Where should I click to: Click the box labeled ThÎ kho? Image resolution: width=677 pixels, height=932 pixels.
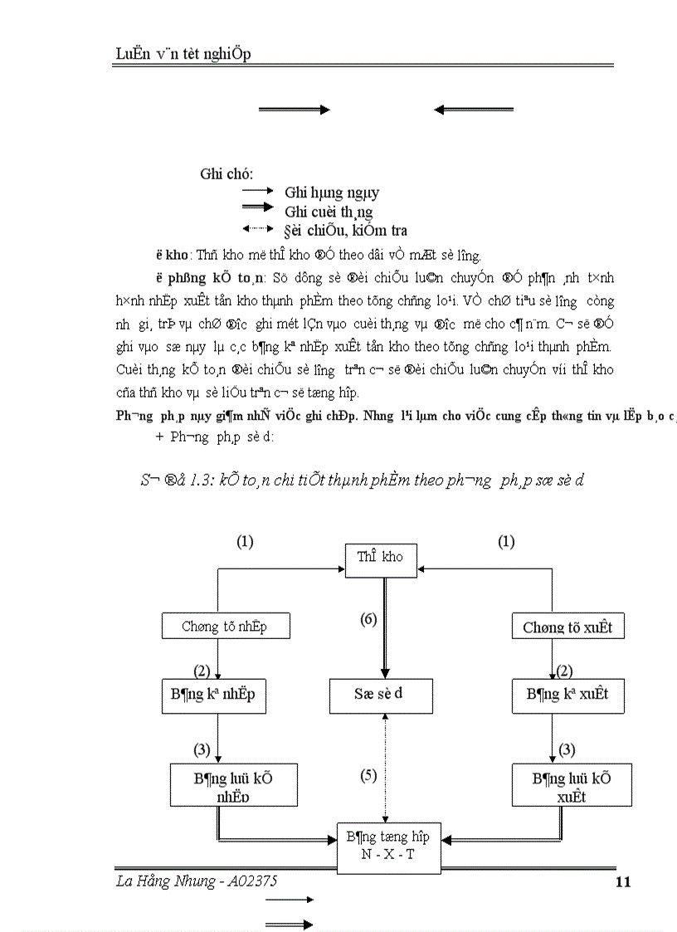380,558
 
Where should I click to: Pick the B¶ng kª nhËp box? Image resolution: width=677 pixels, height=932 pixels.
213,695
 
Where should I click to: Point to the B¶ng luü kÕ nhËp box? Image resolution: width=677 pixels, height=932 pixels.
232,785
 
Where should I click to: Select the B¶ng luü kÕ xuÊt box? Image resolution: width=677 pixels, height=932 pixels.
572,785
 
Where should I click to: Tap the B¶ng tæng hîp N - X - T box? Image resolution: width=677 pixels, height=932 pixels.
387,847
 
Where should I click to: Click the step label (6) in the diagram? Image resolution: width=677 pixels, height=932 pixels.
368,619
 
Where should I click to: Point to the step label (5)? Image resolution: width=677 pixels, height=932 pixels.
368,776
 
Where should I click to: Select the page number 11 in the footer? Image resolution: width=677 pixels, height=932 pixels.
624,882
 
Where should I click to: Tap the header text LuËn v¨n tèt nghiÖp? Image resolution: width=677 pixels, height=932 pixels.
183,54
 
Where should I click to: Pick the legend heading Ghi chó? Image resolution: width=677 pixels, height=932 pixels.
226,173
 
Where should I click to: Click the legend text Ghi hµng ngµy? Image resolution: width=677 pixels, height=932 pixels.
332,193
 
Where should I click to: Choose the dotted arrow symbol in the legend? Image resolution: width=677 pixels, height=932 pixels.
257,228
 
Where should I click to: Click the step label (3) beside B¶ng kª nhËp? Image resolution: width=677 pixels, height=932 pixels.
202,749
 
